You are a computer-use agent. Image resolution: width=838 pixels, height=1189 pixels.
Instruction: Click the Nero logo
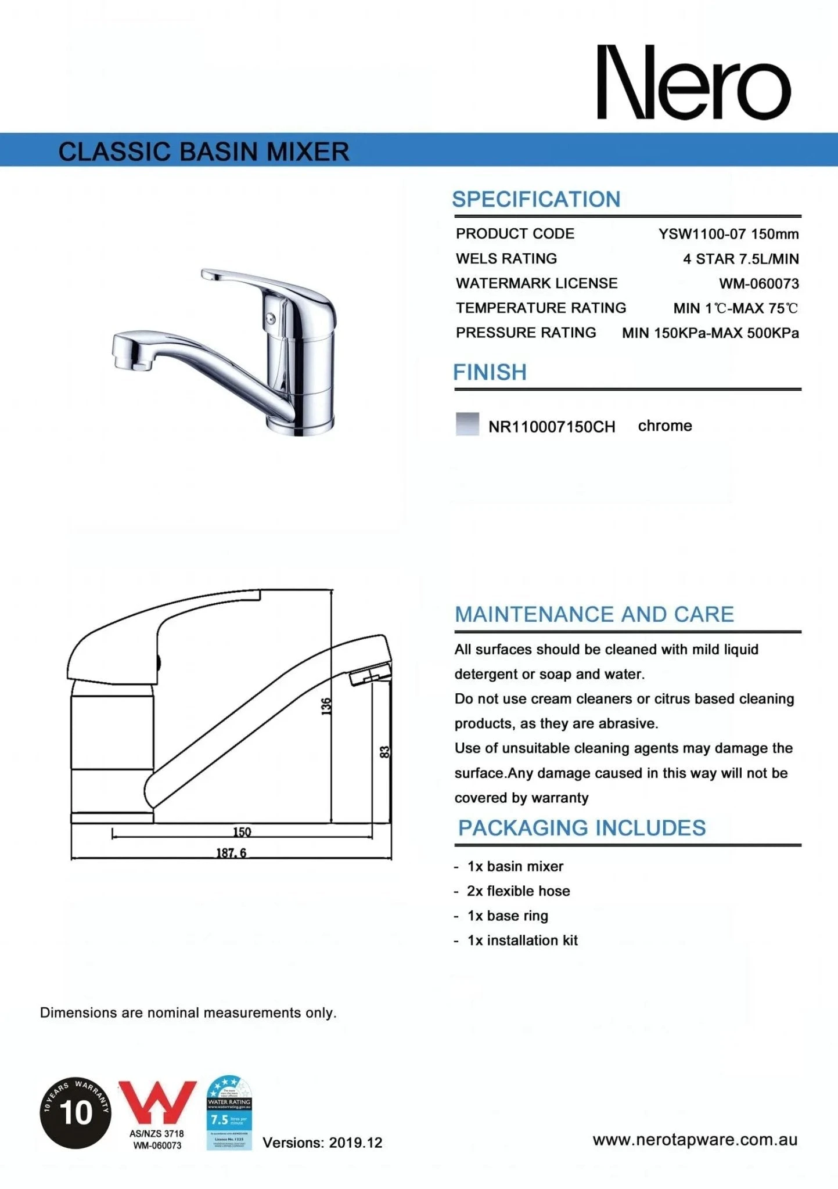[x=694, y=82]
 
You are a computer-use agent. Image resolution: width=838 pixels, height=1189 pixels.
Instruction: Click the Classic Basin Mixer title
[x=204, y=152]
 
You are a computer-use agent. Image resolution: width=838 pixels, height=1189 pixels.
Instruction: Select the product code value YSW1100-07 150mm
[x=728, y=234]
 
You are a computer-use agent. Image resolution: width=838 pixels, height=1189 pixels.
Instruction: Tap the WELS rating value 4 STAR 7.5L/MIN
[x=740, y=259]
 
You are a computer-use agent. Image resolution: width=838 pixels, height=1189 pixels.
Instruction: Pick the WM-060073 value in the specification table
[x=758, y=284]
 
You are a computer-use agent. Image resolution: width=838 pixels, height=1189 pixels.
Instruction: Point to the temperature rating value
[x=735, y=308]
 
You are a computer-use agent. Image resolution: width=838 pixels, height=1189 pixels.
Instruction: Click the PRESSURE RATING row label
[x=526, y=333]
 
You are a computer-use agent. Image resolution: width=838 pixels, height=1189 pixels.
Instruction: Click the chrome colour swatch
[x=467, y=424]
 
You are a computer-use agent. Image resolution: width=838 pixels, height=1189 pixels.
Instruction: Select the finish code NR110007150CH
[x=552, y=427]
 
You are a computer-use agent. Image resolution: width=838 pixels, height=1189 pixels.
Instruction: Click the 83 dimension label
[x=384, y=752]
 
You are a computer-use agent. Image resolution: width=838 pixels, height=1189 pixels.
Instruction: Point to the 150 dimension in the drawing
[x=242, y=832]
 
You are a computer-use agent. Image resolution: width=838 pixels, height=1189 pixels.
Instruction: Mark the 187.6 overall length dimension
[x=231, y=853]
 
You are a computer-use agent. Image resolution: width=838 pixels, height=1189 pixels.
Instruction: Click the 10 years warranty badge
[x=75, y=1112]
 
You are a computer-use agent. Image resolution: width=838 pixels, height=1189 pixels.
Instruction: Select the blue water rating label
[x=229, y=1112]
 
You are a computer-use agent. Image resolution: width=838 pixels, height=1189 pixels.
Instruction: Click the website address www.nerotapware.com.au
[x=695, y=1140]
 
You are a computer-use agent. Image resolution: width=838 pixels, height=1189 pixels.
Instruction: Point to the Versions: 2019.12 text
[x=322, y=1143]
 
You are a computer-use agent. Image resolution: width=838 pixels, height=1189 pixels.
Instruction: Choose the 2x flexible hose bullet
[x=518, y=891]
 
